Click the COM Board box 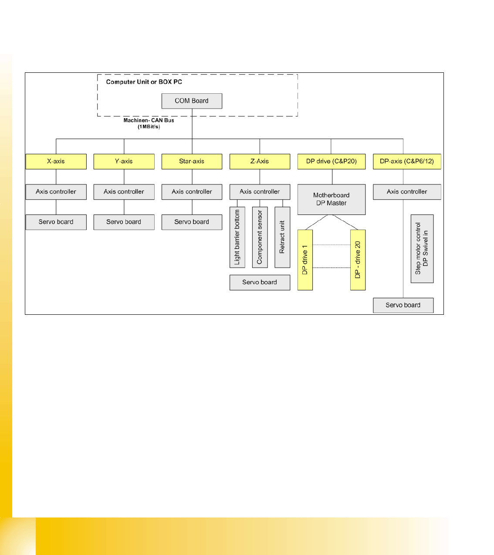click(x=192, y=101)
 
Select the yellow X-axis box click(x=56, y=161)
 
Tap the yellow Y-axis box click(x=124, y=161)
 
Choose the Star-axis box click(x=192, y=161)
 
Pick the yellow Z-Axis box click(x=260, y=161)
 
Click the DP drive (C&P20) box click(x=332, y=161)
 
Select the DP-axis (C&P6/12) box click(x=407, y=161)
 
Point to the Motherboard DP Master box click(x=332, y=199)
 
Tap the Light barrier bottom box click(x=237, y=237)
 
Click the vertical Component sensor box click(x=260, y=237)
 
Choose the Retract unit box click(x=282, y=237)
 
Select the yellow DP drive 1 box click(x=305, y=260)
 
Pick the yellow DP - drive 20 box click(x=358, y=260)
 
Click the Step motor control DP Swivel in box click(x=422, y=249)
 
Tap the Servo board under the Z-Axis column click(x=260, y=282)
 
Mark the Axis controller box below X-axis click(x=56, y=192)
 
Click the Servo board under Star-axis click(x=192, y=222)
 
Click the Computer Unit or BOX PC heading click(x=144, y=82)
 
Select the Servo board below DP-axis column click(x=403, y=305)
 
